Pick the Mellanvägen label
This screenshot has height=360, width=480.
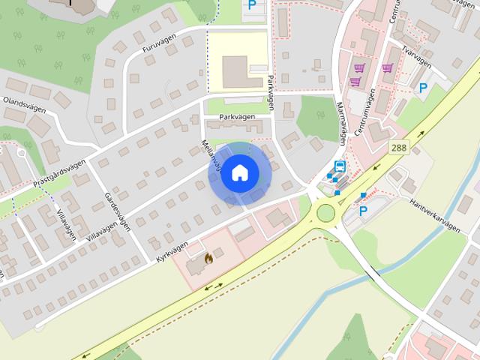coord(211,153)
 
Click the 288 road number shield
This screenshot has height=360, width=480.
coord(399,148)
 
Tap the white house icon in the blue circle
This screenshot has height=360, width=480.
coord(239,173)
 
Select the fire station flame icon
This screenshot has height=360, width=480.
coord(208,258)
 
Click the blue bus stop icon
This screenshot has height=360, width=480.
coord(340,166)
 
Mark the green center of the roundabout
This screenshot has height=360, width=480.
coord(325,213)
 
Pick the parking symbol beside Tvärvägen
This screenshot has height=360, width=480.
coord(423,88)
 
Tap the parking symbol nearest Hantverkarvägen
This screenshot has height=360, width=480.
coord(364,211)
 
